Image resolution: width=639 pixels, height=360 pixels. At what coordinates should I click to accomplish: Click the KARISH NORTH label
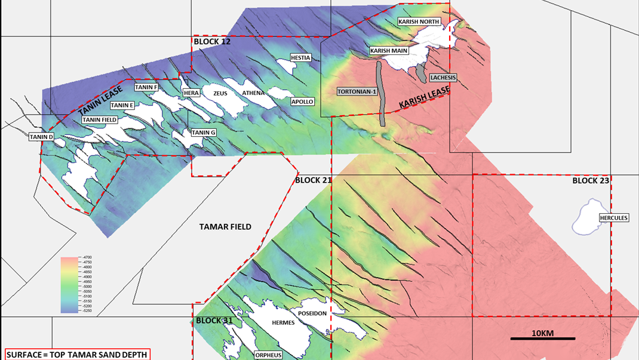419,21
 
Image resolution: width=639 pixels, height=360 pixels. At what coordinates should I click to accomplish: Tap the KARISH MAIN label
389,51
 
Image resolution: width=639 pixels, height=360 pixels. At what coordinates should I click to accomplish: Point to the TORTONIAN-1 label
356,92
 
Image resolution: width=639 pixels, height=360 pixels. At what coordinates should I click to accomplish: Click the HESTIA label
300,58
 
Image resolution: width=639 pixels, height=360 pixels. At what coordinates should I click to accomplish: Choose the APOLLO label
302,102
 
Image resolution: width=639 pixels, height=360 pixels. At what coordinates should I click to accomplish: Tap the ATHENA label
253,93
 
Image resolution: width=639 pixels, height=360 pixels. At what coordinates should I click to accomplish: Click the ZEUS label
220,93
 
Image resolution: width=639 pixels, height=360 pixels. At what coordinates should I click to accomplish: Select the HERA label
191,93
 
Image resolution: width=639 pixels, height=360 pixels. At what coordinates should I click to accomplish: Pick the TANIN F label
146,87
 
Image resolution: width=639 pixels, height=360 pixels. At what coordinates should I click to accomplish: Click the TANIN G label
204,133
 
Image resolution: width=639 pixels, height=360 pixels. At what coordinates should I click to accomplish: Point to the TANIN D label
42,137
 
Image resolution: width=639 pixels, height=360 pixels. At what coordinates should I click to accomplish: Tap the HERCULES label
614,218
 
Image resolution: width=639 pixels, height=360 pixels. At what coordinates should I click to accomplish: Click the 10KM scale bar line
543,339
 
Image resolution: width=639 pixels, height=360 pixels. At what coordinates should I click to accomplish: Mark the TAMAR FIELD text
225,227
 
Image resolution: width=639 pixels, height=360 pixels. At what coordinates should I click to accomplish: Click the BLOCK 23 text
591,181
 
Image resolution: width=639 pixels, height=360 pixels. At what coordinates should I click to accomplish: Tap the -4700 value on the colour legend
84,258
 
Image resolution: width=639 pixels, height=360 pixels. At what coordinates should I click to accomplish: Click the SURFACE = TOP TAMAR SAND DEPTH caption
77,355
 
